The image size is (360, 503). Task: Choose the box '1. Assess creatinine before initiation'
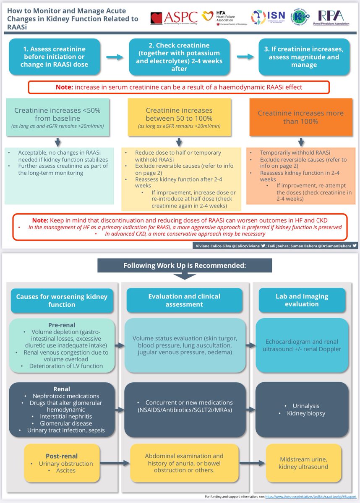56,57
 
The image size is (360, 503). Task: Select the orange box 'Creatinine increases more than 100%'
300,117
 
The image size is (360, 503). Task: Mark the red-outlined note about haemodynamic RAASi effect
179,87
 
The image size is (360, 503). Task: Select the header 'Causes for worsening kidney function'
62,300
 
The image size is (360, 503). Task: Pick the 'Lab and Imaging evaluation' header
302,300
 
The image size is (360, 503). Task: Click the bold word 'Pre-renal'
62,324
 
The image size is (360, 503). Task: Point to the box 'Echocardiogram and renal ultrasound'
302,345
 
